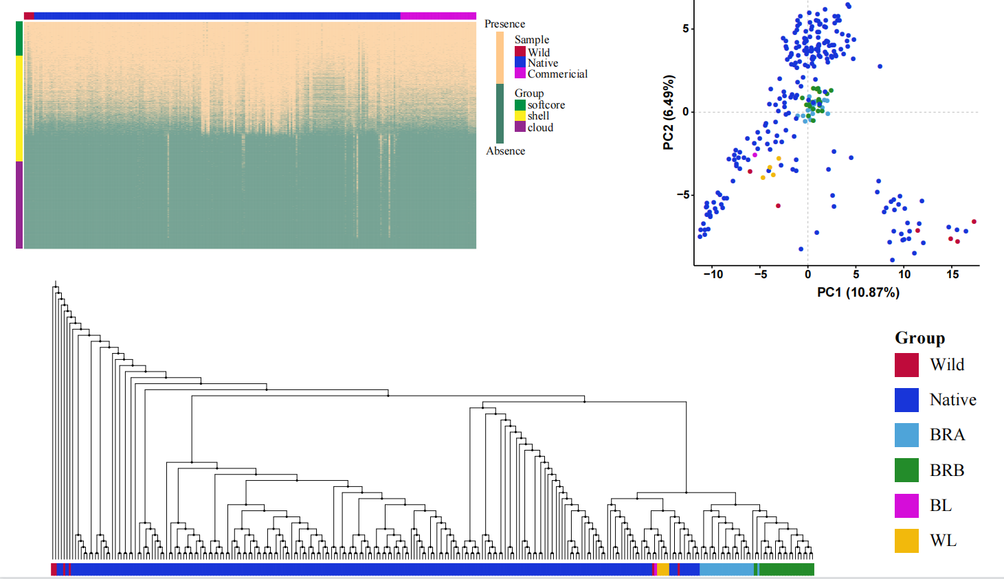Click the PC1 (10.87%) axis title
(x=858, y=293)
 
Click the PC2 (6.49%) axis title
(x=668, y=112)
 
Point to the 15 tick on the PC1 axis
(x=952, y=274)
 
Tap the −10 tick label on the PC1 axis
(x=713, y=274)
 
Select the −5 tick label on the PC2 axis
(x=682, y=195)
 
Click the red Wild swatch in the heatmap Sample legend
(x=520, y=52)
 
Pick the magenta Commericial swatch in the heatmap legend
(x=520, y=73)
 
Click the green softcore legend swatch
(x=520, y=105)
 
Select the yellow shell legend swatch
(x=520, y=116)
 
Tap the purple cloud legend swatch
(x=520, y=127)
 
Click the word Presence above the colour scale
(x=504, y=24)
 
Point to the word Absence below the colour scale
(x=505, y=151)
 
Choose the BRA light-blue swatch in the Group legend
(x=906, y=435)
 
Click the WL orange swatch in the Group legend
(x=906, y=541)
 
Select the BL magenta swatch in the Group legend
(x=906, y=506)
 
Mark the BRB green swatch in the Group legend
(x=906, y=470)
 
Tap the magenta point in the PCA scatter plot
(x=755, y=155)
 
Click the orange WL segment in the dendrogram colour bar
(x=662, y=569)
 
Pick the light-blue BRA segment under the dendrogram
(x=726, y=569)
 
